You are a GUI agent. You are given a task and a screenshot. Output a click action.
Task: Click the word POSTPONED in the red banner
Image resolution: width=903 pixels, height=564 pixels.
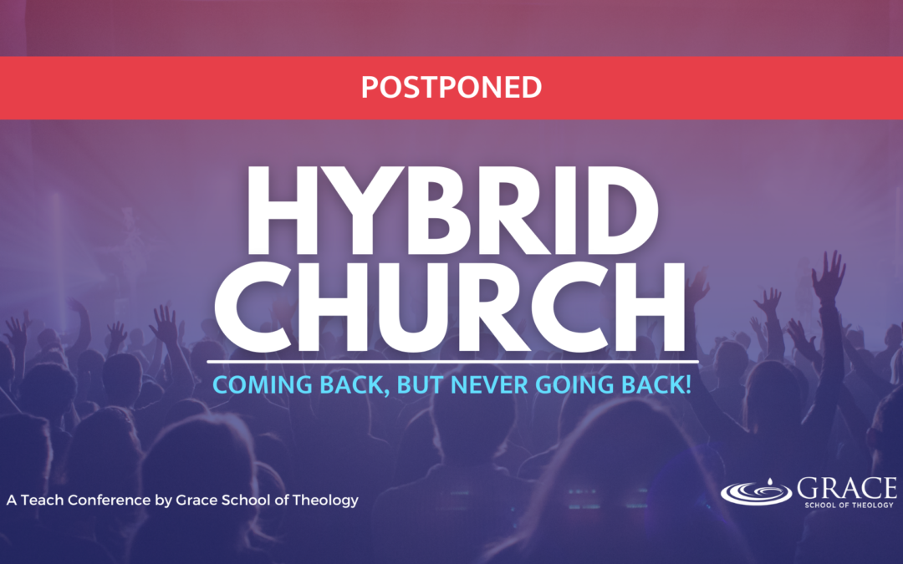tap(451, 88)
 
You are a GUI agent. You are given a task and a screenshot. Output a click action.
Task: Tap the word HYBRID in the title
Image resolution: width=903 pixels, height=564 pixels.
tap(452, 211)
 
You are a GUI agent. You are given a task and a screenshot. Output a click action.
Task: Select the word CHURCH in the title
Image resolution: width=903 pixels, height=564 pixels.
tap(450, 307)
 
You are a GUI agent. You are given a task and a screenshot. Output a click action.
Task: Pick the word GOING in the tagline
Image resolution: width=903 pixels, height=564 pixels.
tap(576, 385)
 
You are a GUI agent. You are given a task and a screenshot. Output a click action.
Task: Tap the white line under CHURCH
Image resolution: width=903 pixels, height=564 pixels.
tap(452, 362)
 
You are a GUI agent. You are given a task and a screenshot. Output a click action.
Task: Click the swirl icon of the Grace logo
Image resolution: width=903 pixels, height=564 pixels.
tap(756, 493)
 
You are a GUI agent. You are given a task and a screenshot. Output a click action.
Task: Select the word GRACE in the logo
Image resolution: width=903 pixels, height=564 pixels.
tap(846, 489)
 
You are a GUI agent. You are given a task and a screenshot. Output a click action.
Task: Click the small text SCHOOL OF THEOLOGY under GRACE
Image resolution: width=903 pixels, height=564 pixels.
tap(849, 506)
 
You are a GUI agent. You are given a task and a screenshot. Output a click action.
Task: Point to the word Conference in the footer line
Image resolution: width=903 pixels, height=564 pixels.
tap(109, 500)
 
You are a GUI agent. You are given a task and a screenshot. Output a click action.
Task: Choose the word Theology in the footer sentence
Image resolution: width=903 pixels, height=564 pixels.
tap(325, 500)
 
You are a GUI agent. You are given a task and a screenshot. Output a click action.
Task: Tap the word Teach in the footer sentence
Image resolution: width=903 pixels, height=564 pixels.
tap(42, 500)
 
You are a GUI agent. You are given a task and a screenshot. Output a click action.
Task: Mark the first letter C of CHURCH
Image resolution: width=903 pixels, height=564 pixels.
tap(250, 307)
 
